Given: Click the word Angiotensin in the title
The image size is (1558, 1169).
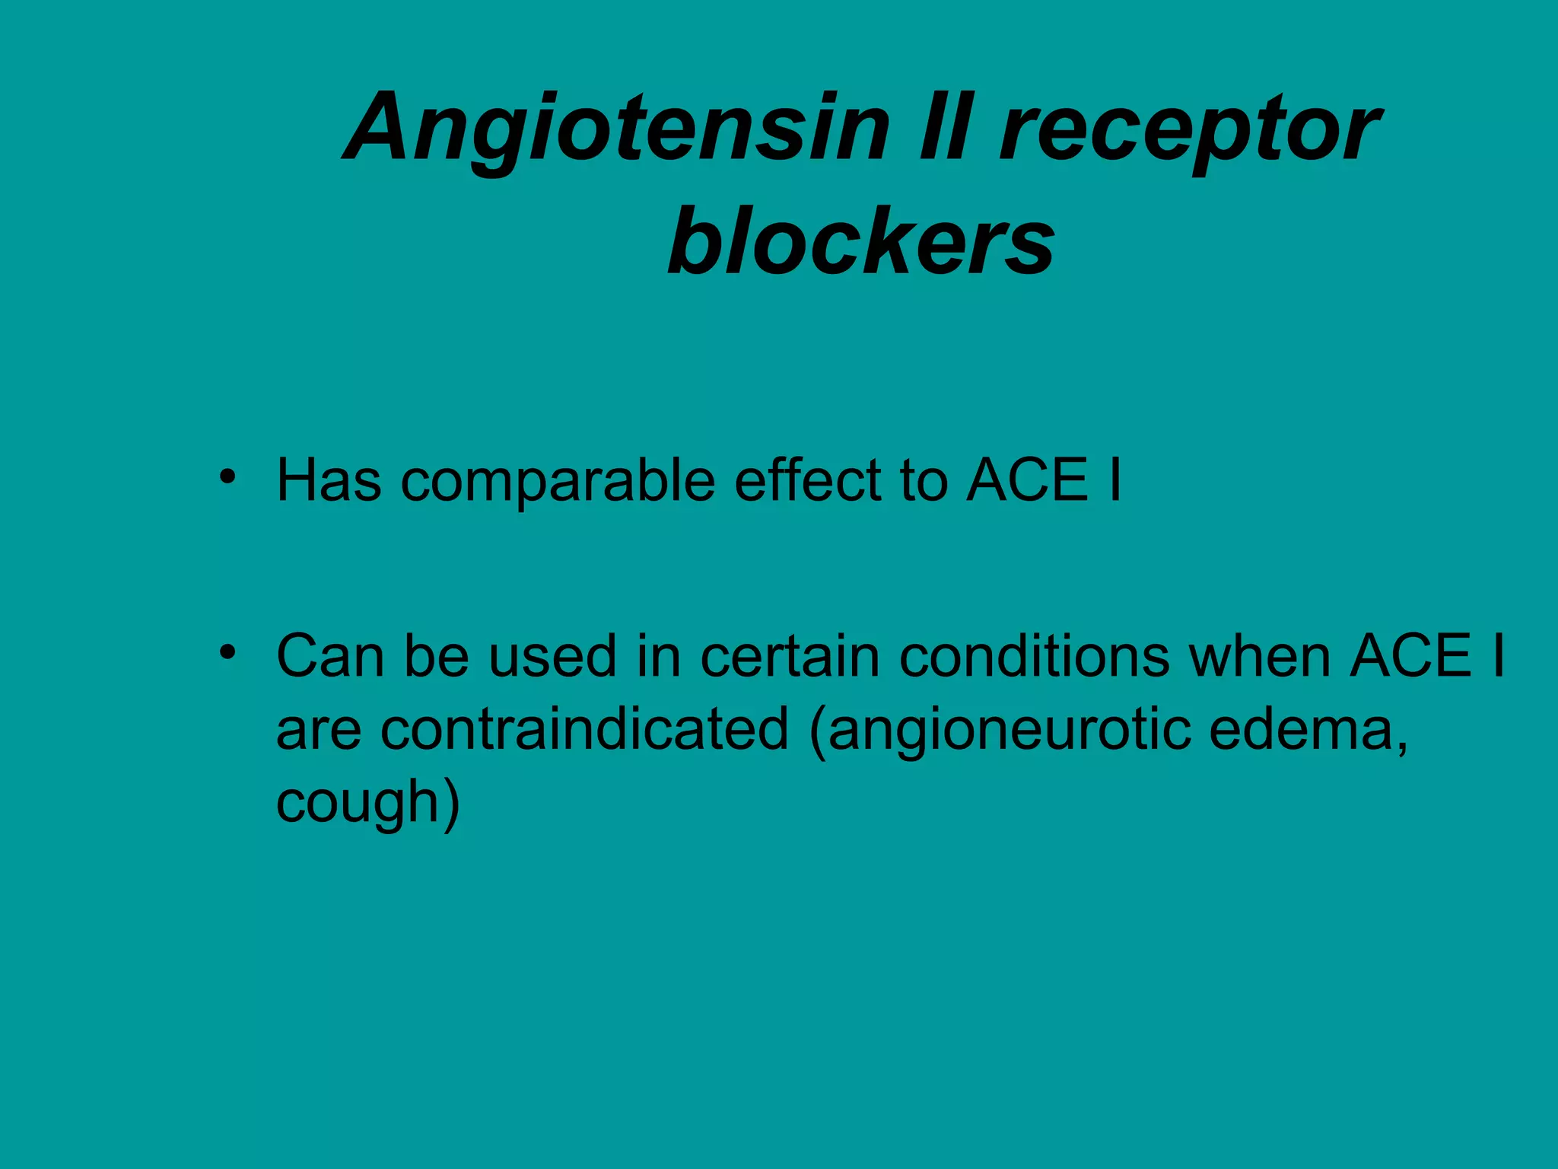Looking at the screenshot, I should (616, 129).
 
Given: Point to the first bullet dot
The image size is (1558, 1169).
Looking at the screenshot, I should (227, 477).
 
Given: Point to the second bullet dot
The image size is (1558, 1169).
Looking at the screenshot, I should (227, 652).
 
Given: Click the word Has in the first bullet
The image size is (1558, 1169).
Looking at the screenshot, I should (329, 480).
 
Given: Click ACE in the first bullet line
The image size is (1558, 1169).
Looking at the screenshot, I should (1027, 480).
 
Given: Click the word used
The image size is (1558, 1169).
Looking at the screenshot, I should (552, 656).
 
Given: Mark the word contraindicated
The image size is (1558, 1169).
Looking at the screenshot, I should (584, 729).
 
